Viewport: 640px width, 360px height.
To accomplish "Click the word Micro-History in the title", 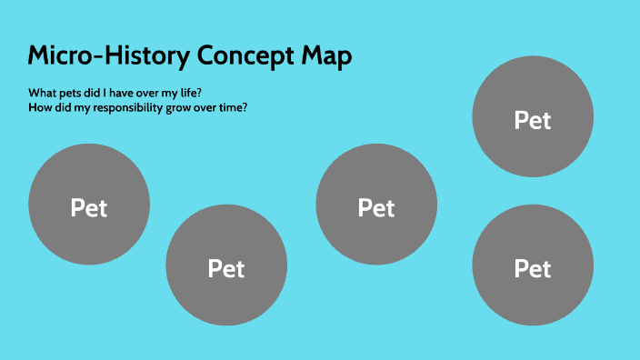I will click(108, 55).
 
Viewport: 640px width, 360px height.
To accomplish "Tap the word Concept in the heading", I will click(245, 56).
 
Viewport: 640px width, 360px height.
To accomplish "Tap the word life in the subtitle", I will click(193, 93).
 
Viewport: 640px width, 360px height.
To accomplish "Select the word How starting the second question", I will click(39, 107).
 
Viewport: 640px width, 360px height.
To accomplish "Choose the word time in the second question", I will click(232, 107).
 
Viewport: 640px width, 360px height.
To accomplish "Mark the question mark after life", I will click(203, 93).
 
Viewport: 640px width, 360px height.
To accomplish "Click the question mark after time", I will click(246, 107).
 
